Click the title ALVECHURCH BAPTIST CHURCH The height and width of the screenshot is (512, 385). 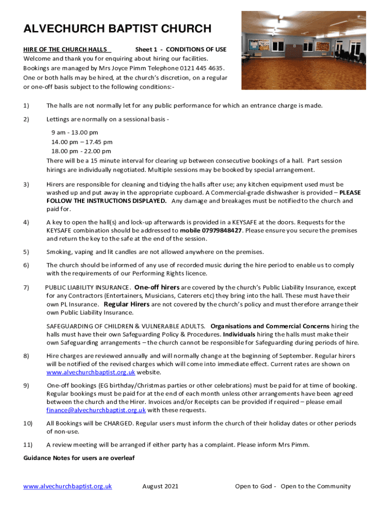pyautogui.click(x=117, y=28)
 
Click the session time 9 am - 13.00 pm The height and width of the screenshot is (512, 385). pyautogui.click(x=74, y=132)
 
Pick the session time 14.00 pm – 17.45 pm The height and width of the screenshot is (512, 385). pyautogui.click(x=82, y=142)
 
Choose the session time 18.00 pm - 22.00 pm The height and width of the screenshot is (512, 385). pyautogui.click(x=81, y=151)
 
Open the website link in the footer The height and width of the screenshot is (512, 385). pyautogui.click(x=67, y=486)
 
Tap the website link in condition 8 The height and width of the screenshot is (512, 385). pyautogui.click(x=90, y=372)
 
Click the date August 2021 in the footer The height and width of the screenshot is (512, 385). pyautogui.click(x=160, y=486)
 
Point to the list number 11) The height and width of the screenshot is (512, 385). pyautogui.click(x=28, y=444)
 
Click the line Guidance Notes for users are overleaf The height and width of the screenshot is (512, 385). pyautogui.click(x=79, y=458)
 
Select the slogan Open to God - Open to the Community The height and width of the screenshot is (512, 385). pyautogui.click(x=293, y=486)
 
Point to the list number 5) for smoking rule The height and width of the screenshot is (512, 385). pyautogui.click(x=26, y=251)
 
